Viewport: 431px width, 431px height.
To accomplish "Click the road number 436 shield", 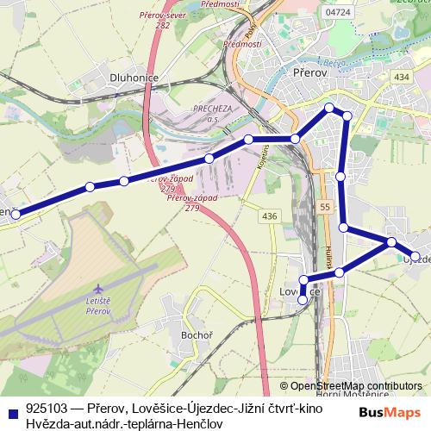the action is pyautogui.click(x=269, y=215).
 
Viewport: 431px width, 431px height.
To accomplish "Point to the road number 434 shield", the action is pyautogui.click(x=402, y=77).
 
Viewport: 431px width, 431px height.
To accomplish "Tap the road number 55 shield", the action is pyautogui.click(x=324, y=208).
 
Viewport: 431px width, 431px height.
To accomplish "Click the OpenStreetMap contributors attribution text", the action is pyautogui.click(x=356, y=386).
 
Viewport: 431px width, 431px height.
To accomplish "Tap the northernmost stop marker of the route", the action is pyautogui.click(x=328, y=108).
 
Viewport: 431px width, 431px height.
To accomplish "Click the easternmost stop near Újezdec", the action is pyautogui.click(x=415, y=256).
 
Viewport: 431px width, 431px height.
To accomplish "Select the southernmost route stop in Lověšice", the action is pyautogui.click(x=303, y=300).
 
